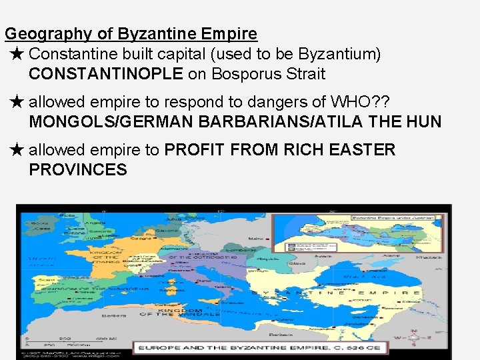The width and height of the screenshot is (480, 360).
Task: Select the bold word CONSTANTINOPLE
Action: (106, 74)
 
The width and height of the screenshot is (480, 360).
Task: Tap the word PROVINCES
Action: (78, 170)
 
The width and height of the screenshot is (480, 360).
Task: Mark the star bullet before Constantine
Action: (17, 53)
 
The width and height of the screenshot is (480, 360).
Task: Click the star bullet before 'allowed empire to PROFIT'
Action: (17, 150)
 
